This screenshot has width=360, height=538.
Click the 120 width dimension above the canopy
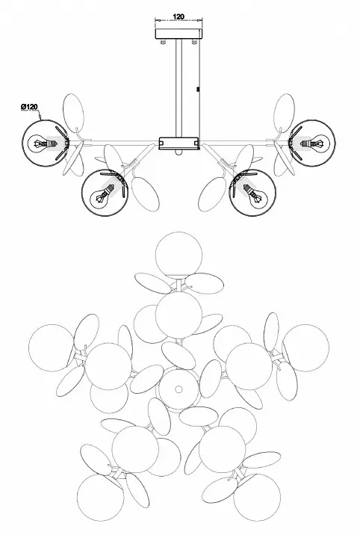point(179,16)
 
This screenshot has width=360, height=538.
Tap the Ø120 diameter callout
point(29,107)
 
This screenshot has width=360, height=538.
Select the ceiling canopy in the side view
point(179,34)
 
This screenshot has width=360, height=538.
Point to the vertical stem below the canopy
point(179,88)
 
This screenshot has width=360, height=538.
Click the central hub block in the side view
point(179,143)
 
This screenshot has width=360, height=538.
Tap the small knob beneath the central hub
point(179,152)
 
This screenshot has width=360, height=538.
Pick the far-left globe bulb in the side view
point(46,143)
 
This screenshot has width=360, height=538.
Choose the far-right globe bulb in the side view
point(312,143)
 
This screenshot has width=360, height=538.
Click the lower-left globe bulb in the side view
point(105,193)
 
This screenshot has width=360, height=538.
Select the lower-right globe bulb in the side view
point(252,193)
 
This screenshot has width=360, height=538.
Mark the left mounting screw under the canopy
point(164,42)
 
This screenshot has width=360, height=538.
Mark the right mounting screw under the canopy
point(194,42)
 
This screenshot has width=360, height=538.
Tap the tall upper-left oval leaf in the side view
point(73,114)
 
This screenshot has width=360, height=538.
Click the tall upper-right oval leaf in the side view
point(284,114)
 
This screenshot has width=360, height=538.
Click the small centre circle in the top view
point(179,389)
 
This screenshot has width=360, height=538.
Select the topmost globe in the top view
point(179,256)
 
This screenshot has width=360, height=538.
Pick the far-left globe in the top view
point(52,348)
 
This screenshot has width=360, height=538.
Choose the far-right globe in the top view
point(305,348)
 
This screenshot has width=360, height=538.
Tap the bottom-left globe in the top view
point(101,498)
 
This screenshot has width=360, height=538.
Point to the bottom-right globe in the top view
point(257,498)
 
